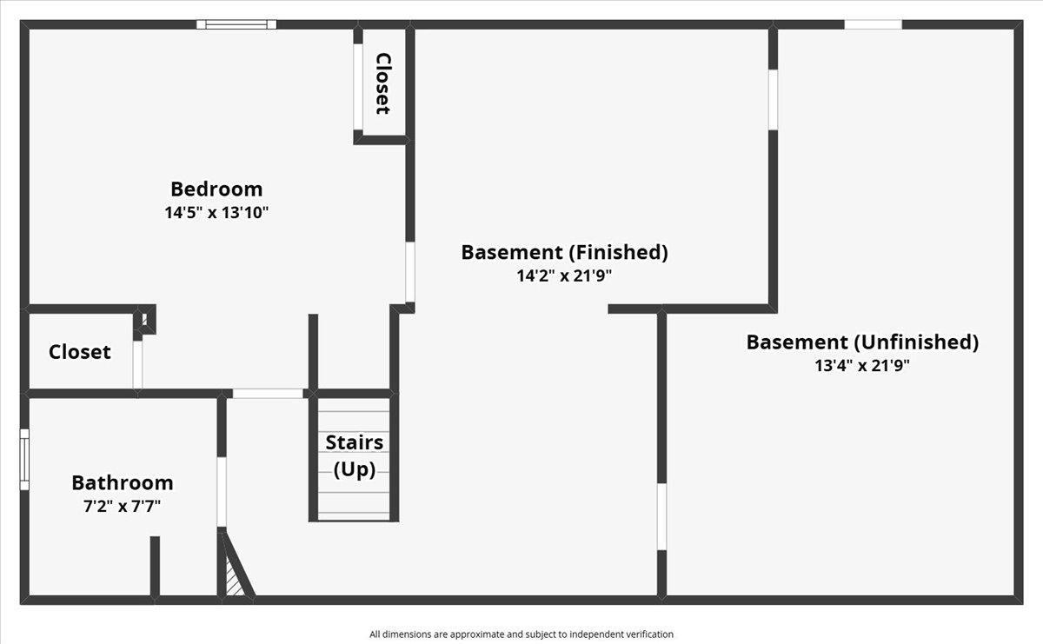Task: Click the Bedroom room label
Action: coord(216,189)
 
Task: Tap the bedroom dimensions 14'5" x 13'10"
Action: coord(216,211)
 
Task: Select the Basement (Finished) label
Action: coord(564,252)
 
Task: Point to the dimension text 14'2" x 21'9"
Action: coord(564,276)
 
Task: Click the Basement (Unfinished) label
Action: coord(862,342)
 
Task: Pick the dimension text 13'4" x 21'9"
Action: coord(862,365)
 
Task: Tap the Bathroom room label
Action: coord(123,482)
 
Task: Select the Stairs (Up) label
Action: coord(355,455)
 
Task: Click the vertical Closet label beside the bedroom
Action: coord(382,83)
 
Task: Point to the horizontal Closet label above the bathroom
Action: coord(80,352)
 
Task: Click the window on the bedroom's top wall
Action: coord(236,24)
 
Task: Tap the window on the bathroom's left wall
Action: coord(25,459)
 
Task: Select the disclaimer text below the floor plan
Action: coord(521,634)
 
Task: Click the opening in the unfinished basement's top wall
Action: coord(873,24)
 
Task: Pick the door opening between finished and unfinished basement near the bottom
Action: coord(661,516)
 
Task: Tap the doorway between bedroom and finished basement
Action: coord(409,272)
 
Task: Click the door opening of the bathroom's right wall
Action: coord(222,492)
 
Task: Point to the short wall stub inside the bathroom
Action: coord(155,566)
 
